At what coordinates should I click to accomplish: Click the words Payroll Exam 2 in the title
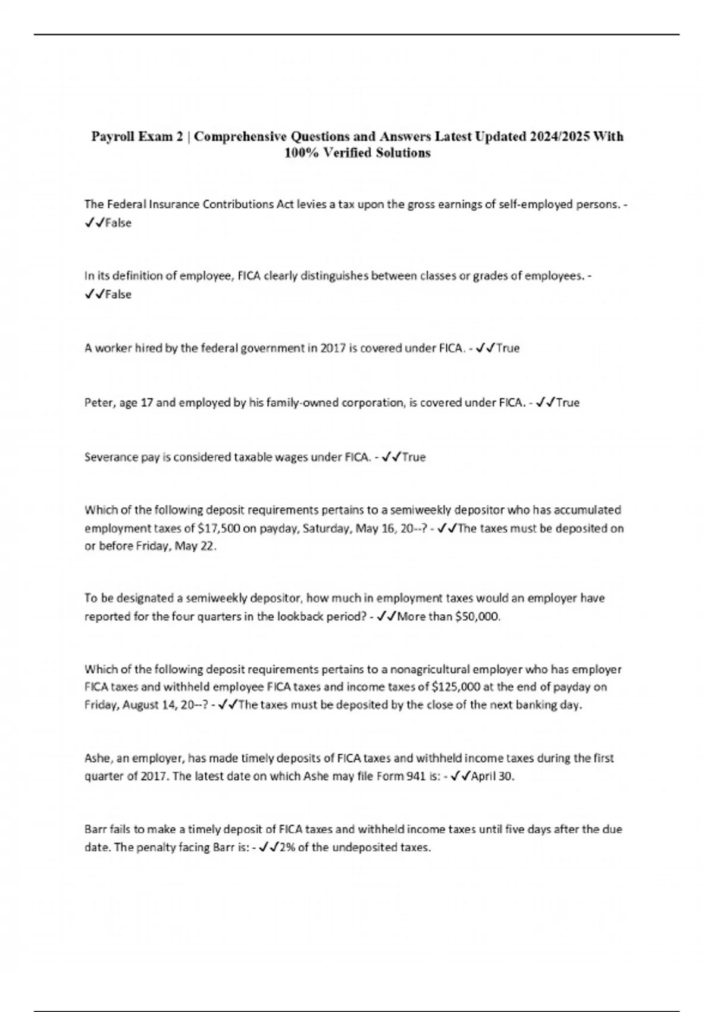click(x=137, y=136)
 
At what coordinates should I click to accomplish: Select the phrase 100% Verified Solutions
click(x=357, y=153)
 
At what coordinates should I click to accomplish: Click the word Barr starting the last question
click(x=96, y=829)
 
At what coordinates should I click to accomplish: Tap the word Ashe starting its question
click(x=98, y=758)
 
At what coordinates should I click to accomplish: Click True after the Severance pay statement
click(x=414, y=457)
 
